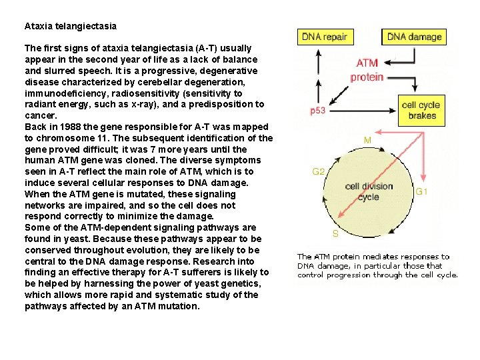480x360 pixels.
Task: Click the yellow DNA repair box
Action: (325, 37)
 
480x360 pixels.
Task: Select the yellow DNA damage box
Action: (414, 37)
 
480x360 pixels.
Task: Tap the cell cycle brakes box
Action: (419, 110)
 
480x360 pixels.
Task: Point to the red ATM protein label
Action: (367, 70)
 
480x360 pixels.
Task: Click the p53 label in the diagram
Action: (318, 111)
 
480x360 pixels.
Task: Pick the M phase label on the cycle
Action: (367, 140)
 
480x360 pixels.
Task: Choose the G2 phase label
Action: (319, 171)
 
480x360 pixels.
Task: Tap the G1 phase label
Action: (421, 191)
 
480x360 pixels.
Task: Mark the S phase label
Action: (335, 233)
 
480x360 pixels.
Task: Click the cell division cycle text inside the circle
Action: (369, 191)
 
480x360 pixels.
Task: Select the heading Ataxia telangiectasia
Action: (70, 27)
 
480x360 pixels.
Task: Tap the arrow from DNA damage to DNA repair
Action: (368, 37)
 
